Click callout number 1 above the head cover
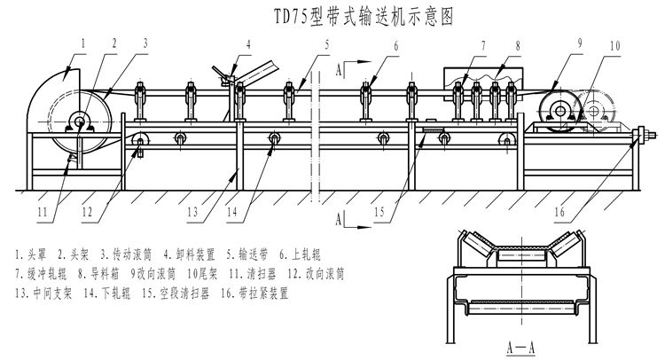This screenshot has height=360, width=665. [x=81, y=40]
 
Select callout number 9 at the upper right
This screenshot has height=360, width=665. [x=577, y=43]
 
